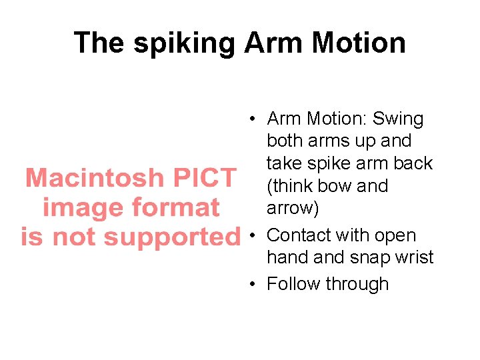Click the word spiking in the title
[185, 44]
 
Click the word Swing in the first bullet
[398, 119]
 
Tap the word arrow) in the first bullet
[293, 208]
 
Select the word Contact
[299, 235]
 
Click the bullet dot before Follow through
[253, 284]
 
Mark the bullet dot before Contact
[253, 236]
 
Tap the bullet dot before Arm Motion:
[253, 120]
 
